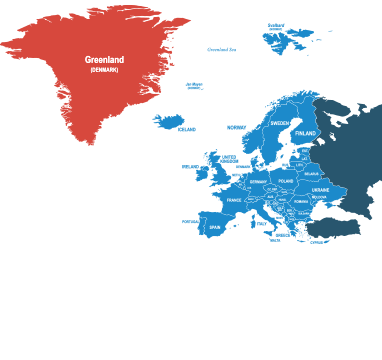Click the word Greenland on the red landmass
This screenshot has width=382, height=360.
pos(104,60)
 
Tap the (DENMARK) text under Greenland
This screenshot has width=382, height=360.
pos(104,69)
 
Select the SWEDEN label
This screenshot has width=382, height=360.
pos(280,123)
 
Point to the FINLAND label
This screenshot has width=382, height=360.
pos(305,133)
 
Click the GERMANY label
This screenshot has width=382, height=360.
pos(258,182)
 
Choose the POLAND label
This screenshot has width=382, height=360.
pos(286,181)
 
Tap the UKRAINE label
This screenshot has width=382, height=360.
pos(320,189)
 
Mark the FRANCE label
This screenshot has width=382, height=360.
pos(234,200)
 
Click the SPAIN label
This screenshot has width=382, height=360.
pos(214,228)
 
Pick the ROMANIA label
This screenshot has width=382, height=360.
pos(301,201)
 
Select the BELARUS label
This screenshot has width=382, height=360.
pos(311,173)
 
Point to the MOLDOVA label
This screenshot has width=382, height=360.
pos(319,197)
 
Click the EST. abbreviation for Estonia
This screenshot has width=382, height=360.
pos(305,151)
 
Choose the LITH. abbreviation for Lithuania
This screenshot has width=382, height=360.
pos(299,165)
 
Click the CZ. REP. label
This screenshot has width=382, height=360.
pos(271,189)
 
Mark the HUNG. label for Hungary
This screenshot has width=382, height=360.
pos(283,198)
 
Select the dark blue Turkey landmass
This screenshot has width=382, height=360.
pos(335,228)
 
